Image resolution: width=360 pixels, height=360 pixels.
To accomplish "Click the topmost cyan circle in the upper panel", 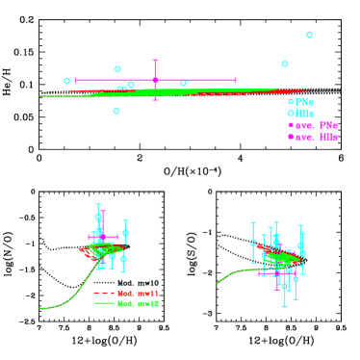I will click(x=309, y=35).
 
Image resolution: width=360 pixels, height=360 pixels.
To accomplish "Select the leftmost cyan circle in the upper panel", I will click(x=67, y=80).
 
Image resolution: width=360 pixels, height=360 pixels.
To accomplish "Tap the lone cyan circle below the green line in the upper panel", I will click(x=116, y=111).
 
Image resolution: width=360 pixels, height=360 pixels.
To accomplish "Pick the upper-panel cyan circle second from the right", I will click(x=285, y=64).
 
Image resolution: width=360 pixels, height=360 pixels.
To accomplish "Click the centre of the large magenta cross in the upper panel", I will click(x=155, y=80).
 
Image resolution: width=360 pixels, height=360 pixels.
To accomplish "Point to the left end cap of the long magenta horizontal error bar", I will click(x=76, y=80).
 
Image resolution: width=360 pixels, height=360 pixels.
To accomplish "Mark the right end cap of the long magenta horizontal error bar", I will click(x=236, y=80).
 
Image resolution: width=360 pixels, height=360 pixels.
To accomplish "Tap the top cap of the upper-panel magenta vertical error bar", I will click(x=155, y=61).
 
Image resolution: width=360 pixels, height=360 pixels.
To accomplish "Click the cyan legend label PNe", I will click(x=304, y=102).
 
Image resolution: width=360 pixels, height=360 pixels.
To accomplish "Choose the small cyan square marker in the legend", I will click(x=290, y=102).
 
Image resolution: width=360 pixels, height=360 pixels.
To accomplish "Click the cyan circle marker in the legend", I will click(x=290, y=114).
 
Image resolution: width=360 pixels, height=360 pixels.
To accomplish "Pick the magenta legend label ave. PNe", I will click(x=316, y=125).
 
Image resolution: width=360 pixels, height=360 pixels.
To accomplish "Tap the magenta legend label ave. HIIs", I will click(x=316, y=137).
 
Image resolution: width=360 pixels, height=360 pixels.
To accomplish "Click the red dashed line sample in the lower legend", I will click(x=104, y=293).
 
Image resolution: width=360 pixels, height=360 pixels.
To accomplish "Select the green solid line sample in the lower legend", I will click(x=104, y=303).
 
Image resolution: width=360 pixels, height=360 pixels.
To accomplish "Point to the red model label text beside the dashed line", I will click(x=138, y=293).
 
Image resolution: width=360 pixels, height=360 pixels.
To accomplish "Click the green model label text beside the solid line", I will click(x=138, y=303).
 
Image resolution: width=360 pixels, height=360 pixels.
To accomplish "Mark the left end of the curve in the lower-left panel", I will click(x=40, y=308).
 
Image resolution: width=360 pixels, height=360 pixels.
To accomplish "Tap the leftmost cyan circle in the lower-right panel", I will click(x=253, y=244).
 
